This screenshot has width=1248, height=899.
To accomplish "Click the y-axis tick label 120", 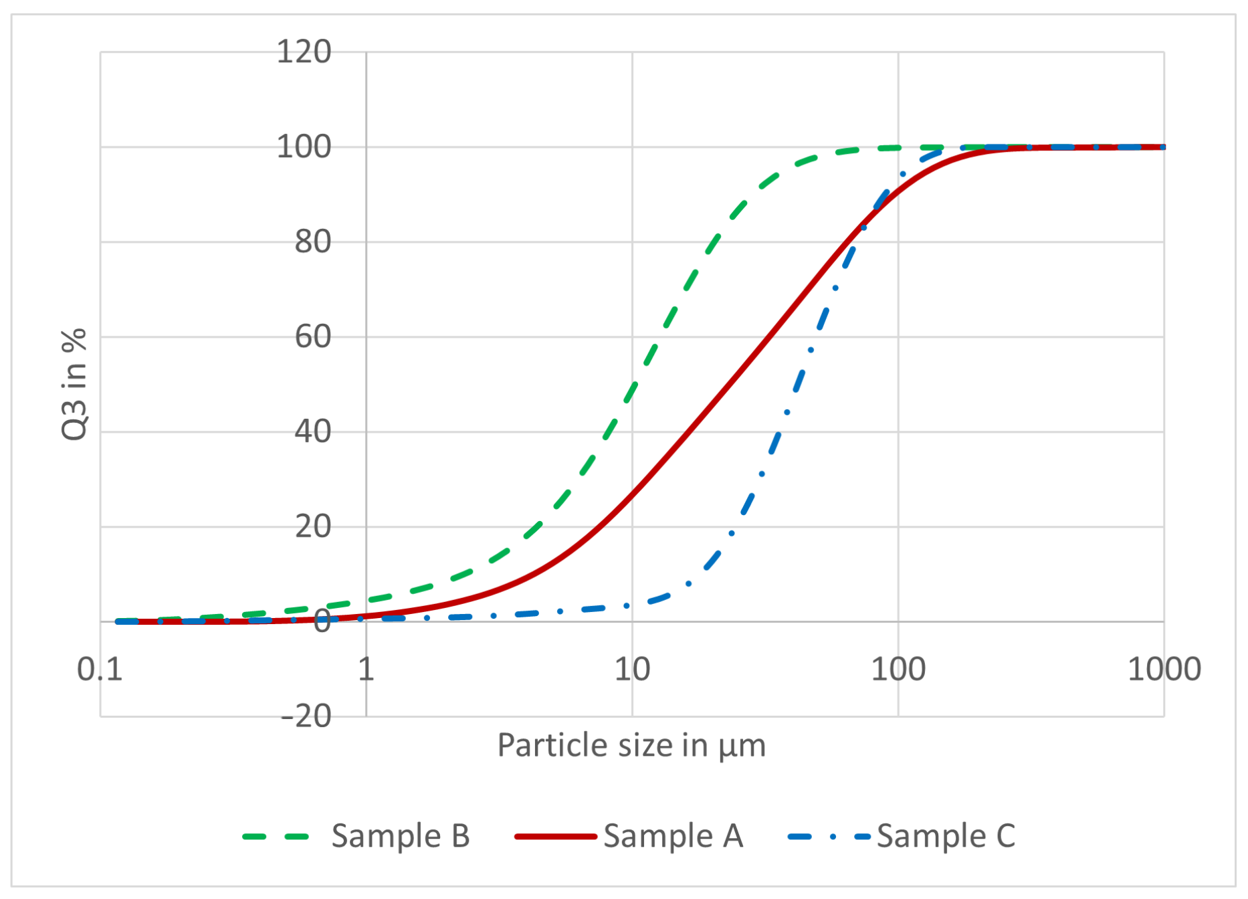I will (x=304, y=52).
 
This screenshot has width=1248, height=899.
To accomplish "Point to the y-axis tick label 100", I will (x=304, y=146).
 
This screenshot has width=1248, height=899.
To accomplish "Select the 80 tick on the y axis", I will (x=313, y=241).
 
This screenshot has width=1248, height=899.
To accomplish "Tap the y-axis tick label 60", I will (x=313, y=336).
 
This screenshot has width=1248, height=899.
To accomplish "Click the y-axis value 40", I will (x=313, y=431).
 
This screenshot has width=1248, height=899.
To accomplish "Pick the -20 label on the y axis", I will (x=306, y=716).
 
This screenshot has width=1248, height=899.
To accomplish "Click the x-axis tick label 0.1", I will (x=100, y=669).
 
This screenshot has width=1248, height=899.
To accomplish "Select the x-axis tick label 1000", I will (x=1164, y=669).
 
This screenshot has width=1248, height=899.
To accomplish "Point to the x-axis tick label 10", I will (x=632, y=669).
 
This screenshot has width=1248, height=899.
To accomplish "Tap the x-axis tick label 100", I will (x=898, y=669).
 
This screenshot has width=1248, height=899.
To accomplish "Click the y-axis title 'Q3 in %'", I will (x=74, y=384).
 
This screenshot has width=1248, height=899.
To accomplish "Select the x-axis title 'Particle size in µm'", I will (x=631, y=745).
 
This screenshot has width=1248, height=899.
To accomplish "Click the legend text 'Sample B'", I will (x=401, y=836).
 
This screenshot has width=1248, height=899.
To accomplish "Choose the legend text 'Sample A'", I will (x=673, y=836).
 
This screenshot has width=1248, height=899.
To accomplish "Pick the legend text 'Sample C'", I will (x=946, y=836).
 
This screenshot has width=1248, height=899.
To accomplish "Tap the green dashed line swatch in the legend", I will (x=276, y=836).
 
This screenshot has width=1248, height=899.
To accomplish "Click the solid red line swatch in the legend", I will (x=555, y=836).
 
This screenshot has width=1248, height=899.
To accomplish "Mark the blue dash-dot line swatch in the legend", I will (x=829, y=836).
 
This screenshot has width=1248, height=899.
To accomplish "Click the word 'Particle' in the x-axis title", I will (x=540, y=745).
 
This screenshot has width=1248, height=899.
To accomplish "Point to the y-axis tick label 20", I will (x=313, y=526).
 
